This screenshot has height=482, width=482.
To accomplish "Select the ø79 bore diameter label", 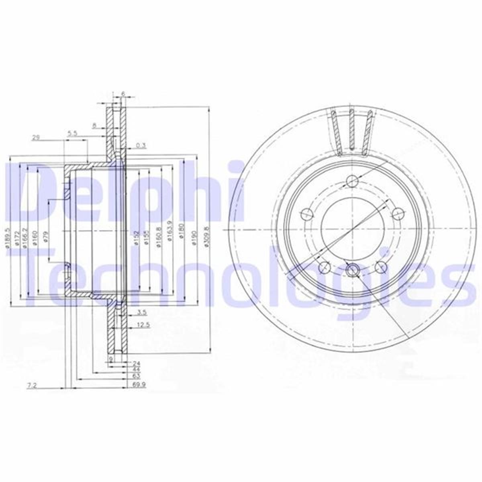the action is point(47,237).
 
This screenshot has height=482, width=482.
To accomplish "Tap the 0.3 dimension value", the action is point(140,145).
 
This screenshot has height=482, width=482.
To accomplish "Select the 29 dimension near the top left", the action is point(36,137).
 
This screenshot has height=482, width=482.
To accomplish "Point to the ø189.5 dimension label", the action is point(7,238).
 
